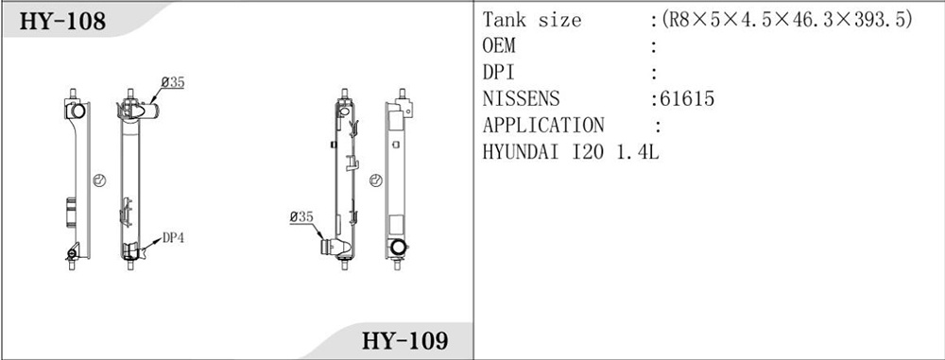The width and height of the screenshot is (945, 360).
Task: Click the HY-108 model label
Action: (x=62, y=22)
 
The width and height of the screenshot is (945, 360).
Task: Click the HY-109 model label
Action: (x=405, y=341)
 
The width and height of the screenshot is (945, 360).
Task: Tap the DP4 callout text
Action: (x=173, y=238)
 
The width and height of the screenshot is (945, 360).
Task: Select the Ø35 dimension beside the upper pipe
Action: (x=173, y=82)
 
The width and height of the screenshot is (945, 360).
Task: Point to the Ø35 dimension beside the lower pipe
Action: (x=301, y=216)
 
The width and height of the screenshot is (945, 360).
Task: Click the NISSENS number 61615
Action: (x=687, y=99)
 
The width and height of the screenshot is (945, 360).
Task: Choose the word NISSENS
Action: (x=521, y=99)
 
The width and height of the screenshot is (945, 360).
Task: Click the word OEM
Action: (x=499, y=46)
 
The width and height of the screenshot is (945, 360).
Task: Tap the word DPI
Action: (x=498, y=73)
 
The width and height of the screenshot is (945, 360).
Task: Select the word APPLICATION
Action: (x=543, y=126)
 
